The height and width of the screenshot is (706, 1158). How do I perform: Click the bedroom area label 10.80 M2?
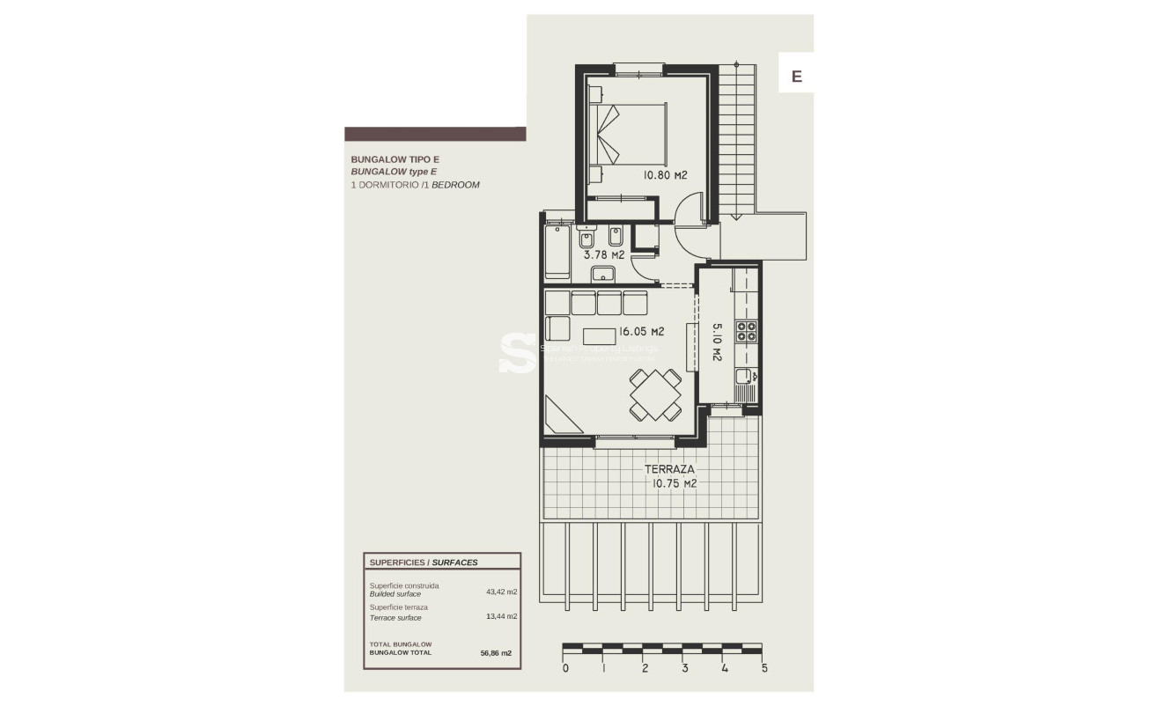click(665, 175)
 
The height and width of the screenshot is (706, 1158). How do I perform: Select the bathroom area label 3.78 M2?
click(604, 254)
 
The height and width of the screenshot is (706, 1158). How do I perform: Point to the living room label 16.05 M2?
click(641, 332)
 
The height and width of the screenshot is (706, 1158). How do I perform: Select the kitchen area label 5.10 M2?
click(716, 342)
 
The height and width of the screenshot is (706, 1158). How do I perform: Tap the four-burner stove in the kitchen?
click(747, 331)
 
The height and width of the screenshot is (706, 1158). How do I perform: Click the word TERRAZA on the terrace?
click(669, 469)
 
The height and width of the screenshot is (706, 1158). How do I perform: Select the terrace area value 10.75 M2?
click(675, 483)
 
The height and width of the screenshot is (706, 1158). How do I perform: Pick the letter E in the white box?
click(796, 77)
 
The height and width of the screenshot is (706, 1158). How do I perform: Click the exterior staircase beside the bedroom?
click(738, 141)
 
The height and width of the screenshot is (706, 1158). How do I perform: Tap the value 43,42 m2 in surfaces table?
click(501, 592)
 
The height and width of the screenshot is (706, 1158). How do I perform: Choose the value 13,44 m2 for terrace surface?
click(501, 616)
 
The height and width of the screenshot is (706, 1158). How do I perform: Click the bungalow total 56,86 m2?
click(496, 653)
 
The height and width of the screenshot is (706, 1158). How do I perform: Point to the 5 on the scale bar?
click(763, 668)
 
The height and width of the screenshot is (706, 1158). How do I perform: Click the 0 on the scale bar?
click(565, 668)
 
